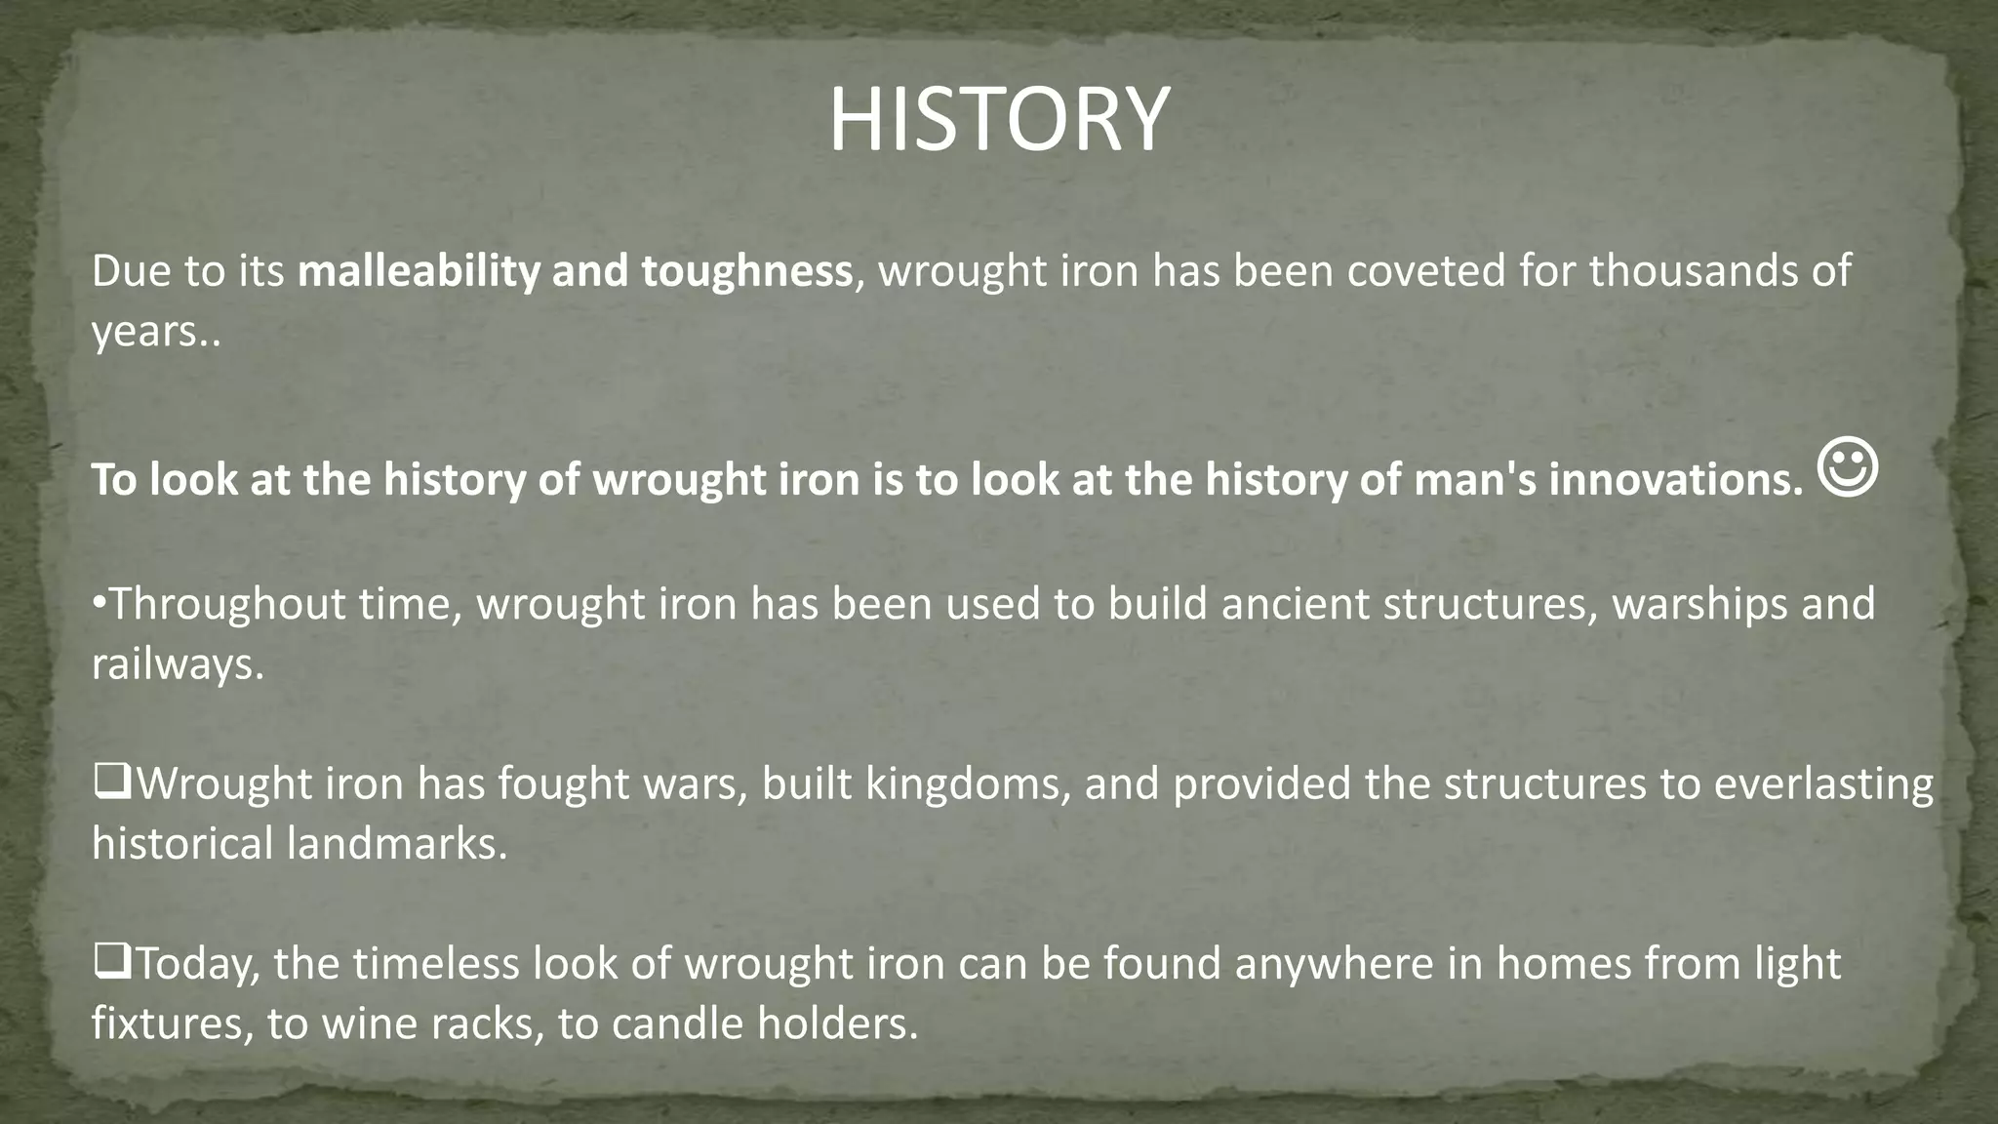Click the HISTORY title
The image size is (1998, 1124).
[998, 120]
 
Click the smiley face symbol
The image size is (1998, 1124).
[1848, 468]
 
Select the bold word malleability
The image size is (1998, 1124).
[419, 270]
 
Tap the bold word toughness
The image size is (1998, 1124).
[746, 270]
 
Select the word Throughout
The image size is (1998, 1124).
[226, 604]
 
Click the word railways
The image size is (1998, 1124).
[178, 664]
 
